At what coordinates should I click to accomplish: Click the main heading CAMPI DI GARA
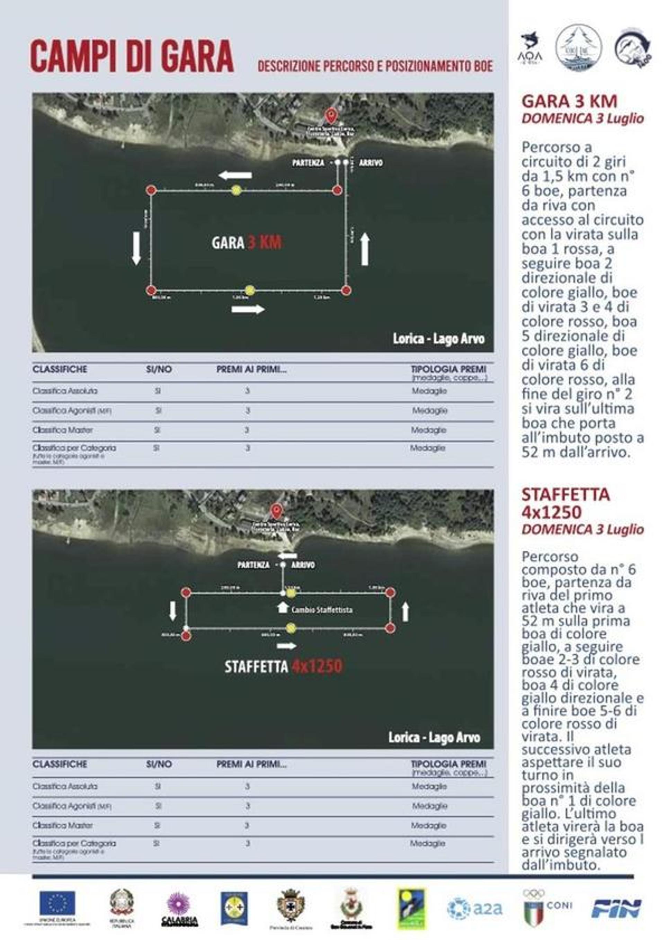pos(132,57)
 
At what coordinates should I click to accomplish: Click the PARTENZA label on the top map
pos(308,163)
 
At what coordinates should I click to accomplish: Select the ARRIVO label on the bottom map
pos(303,565)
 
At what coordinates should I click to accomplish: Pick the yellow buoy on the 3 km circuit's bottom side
pos(250,290)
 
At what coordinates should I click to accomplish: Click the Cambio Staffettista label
pos(321,610)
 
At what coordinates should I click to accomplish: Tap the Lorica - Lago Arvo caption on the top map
pos(438,339)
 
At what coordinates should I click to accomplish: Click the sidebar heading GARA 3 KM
pos(569,101)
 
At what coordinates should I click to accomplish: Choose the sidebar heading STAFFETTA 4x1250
pos(566,503)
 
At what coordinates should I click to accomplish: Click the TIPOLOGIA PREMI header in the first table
pos(449,369)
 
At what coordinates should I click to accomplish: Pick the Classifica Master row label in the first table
pos(62,430)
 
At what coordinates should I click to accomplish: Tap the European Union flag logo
pos(57,903)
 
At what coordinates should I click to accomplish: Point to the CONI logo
pos(547,907)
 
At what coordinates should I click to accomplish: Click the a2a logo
pos(475,909)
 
